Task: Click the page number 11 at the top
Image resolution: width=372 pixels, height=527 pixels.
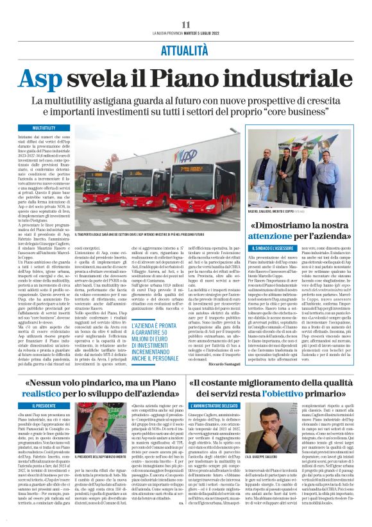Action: click(186, 24)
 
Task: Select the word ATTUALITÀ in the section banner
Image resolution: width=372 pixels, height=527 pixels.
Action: click(185, 50)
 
